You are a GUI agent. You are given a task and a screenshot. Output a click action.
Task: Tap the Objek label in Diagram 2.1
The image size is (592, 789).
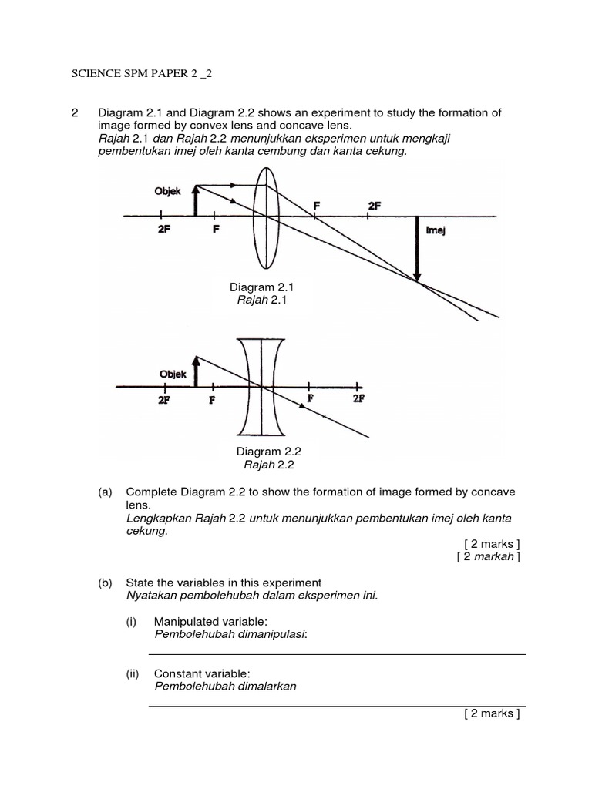(166, 191)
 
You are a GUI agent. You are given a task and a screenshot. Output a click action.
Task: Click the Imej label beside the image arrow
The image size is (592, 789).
(436, 230)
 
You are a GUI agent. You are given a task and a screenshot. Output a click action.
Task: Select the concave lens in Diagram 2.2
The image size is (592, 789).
(261, 386)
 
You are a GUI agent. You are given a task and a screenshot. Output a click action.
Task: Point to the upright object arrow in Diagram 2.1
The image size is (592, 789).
(196, 200)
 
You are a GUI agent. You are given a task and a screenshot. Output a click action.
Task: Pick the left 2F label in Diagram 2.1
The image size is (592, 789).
(163, 230)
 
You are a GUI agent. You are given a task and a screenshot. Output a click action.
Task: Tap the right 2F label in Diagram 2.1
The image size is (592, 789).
(375, 205)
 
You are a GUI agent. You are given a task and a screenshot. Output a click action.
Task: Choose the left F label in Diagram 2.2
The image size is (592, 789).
(210, 399)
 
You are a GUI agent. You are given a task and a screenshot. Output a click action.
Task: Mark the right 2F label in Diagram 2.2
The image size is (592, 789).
(358, 398)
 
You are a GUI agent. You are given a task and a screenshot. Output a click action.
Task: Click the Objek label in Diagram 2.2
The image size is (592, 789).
(173, 374)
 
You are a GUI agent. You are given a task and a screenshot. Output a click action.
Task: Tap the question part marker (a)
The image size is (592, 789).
(106, 492)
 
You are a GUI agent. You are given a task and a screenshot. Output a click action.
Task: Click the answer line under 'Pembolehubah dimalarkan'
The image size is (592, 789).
(336, 704)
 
